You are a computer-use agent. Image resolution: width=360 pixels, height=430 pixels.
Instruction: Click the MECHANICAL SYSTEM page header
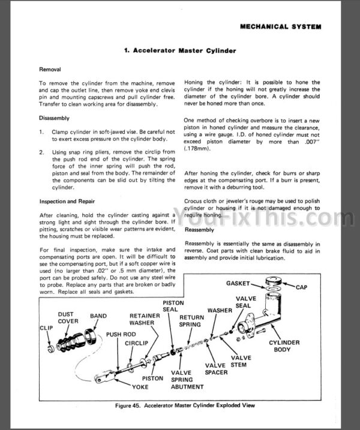click(280, 26)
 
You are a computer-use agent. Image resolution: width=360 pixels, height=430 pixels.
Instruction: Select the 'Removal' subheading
click(50, 70)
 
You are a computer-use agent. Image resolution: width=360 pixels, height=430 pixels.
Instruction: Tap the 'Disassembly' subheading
click(54, 118)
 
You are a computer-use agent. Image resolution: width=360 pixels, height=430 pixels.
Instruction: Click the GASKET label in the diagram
click(242, 282)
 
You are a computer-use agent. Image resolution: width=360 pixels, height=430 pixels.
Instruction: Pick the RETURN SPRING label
click(191, 321)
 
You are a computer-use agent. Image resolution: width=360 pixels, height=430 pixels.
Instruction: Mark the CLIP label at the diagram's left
click(46, 328)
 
